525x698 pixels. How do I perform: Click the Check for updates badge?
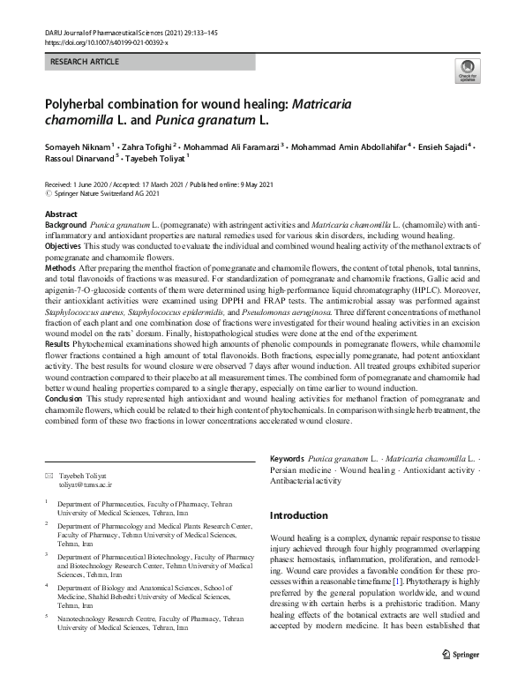(465, 71)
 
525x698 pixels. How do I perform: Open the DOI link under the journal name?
(105, 42)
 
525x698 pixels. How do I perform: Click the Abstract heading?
(60, 214)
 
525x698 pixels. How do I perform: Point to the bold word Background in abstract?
(65, 226)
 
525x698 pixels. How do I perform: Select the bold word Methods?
(59, 266)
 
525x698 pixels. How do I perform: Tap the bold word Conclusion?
(65, 399)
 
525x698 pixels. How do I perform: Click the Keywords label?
(287, 460)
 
